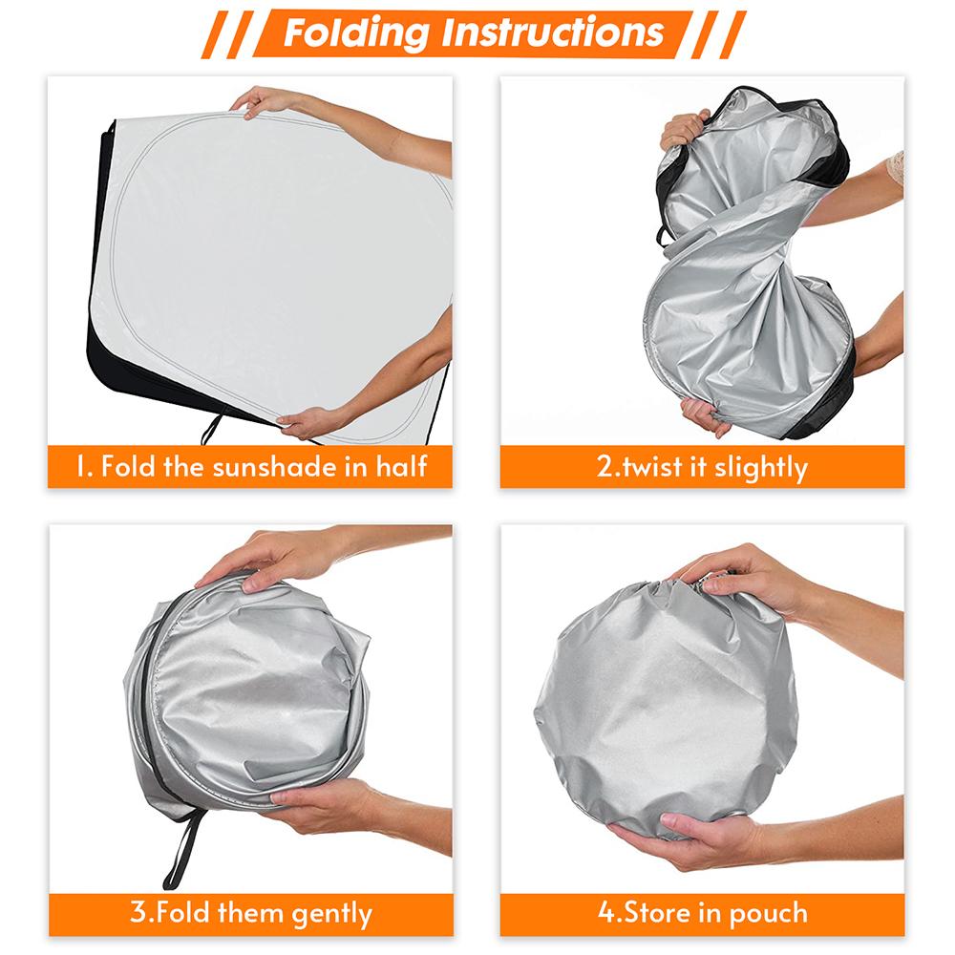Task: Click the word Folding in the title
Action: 353,32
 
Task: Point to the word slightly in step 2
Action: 760,467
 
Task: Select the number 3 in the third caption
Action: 137,913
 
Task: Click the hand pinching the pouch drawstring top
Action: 735,579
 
